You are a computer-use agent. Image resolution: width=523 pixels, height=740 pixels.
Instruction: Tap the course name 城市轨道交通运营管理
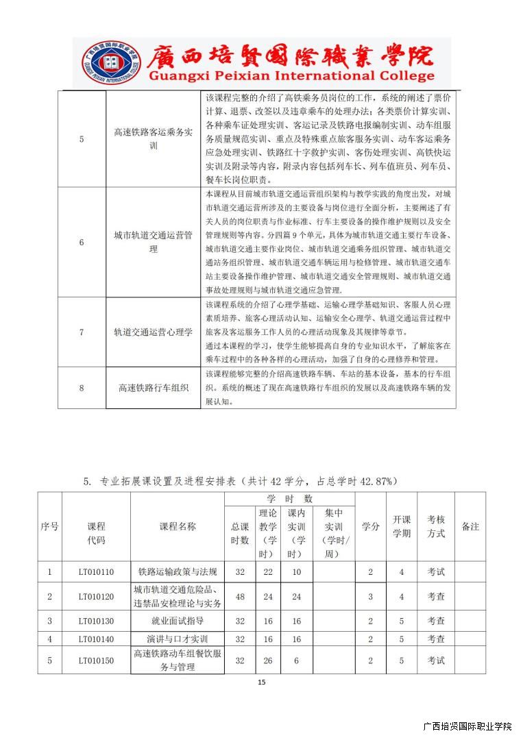pyautogui.click(x=154, y=243)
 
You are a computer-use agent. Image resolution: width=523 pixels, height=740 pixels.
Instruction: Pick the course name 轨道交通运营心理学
pyautogui.click(x=154, y=332)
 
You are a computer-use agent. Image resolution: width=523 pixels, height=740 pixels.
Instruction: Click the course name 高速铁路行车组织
pyautogui.click(x=154, y=387)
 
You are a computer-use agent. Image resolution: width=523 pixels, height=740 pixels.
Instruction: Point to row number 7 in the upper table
pyautogui.click(x=82, y=332)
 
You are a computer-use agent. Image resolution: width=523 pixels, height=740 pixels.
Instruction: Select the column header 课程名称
pyautogui.click(x=178, y=526)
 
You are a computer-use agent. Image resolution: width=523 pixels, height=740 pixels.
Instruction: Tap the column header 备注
pyautogui.click(x=470, y=526)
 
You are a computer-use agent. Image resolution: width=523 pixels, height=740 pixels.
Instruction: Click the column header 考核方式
pyautogui.click(x=436, y=526)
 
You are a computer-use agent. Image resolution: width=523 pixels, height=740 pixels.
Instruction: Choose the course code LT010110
pyautogui.click(x=96, y=571)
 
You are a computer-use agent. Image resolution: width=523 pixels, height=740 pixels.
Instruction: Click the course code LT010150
pyautogui.click(x=96, y=661)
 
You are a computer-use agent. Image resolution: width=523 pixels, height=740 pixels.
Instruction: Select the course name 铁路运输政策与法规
pyautogui.click(x=178, y=571)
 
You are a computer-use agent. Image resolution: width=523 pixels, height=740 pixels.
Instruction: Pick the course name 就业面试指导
pyautogui.click(x=178, y=621)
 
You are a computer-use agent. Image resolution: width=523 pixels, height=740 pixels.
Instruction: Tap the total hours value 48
pyautogui.click(x=240, y=597)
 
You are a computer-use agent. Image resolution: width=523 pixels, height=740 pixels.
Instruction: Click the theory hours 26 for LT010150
pyautogui.click(x=268, y=661)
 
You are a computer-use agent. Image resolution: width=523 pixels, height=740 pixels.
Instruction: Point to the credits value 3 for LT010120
pyautogui.click(x=370, y=597)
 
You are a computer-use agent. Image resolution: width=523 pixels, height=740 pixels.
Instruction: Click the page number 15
pyautogui.click(x=261, y=682)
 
